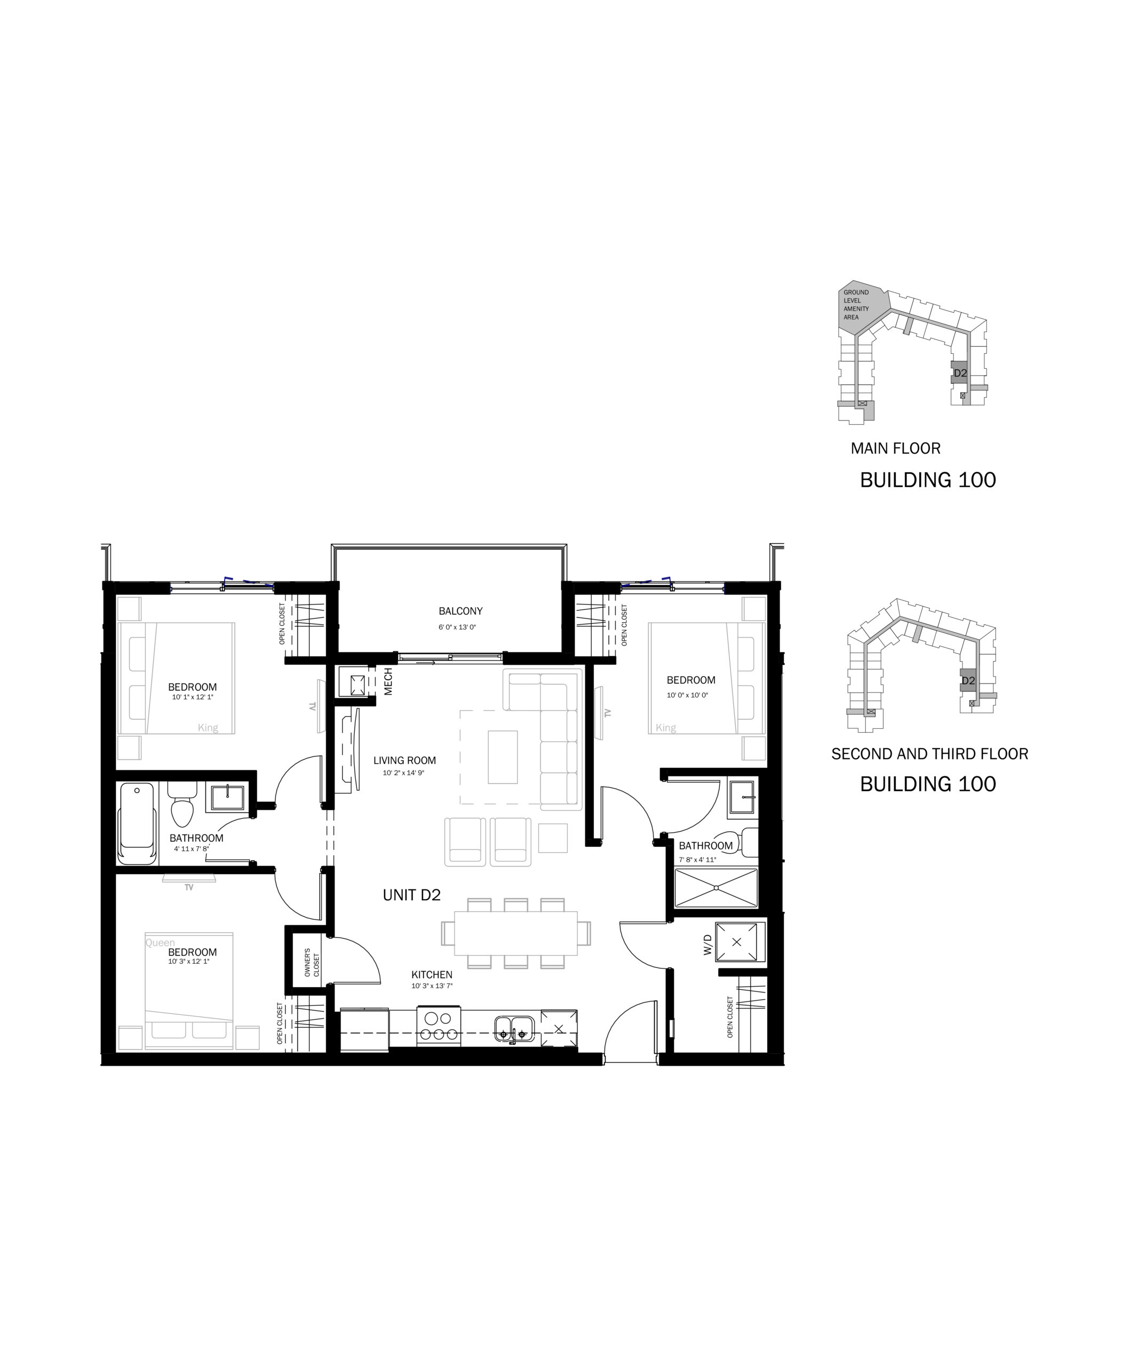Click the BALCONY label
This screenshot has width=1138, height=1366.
click(x=460, y=611)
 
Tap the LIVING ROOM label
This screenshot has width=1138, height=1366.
click(x=404, y=760)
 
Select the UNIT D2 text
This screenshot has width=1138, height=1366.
click(x=412, y=895)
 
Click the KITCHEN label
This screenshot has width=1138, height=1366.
click(x=432, y=974)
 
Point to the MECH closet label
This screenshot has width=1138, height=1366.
click(x=388, y=682)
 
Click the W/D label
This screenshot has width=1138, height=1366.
click(x=708, y=945)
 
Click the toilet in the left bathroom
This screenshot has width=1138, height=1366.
click(x=182, y=804)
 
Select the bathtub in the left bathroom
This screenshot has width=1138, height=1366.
click(x=137, y=823)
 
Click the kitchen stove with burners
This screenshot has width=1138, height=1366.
click(x=439, y=1027)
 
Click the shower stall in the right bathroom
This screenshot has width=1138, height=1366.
click(x=716, y=888)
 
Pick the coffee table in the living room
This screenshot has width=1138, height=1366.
click(x=503, y=757)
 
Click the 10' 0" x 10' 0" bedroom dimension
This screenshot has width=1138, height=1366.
click(x=687, y=695)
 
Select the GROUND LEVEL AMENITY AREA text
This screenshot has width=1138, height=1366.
click(x=856, y=305)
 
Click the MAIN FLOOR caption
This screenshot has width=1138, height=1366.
click(x=895, y=448)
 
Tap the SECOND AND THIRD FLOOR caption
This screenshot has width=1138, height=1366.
click(x=930, y=754)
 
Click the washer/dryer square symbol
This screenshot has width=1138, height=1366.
click(x=737, y=941)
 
